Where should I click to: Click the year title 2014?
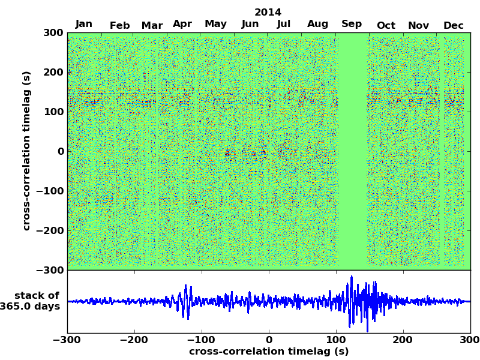(268, 12)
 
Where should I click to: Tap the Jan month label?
(84, 24)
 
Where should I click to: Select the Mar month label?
(152, 25)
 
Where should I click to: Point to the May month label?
(215, 24)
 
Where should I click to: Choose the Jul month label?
(284, 24)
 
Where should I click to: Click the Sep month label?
(352, 24)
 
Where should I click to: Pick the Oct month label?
(386, 25)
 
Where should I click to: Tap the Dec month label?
(454, 25)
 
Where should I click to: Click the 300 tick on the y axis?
(53, 32)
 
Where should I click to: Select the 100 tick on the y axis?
(53, 112)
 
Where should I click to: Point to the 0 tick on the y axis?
(61, 151)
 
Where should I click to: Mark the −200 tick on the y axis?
(49, 230)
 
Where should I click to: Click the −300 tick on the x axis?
(67, 340)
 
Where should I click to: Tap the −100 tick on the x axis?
(202, 340)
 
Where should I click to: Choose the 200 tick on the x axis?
(403, 340)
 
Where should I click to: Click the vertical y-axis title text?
(26, 150)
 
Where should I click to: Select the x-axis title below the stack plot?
(268, 352)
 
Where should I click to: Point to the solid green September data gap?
(353, 150)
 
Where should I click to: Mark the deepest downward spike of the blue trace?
(367, 331)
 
